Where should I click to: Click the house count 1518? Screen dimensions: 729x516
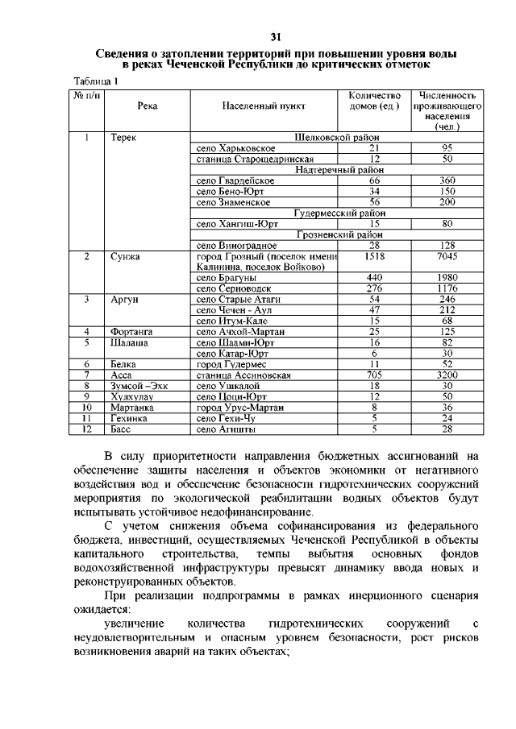click(373, 257)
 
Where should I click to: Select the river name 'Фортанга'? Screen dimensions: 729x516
click(131, 331)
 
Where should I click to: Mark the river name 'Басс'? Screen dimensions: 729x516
click(122, 429)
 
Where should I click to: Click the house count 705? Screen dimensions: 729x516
click(373, 375)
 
